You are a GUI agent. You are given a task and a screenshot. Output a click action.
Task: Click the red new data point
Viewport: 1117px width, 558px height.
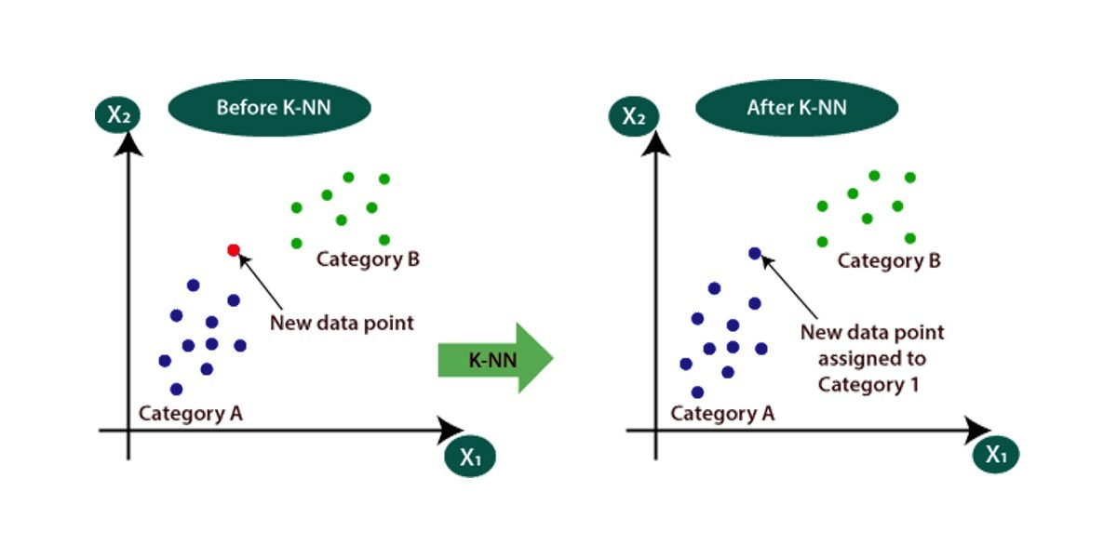[x=234, y=249]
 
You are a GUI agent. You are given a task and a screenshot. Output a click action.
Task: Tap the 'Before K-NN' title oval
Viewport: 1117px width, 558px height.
[x=269, y=108]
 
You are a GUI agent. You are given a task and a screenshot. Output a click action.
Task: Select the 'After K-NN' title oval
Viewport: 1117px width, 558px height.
[x=797, y=108]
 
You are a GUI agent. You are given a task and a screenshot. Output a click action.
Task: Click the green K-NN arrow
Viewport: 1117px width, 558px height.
[x=495, y=359]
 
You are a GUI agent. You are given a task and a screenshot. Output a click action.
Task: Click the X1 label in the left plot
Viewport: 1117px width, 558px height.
[x=470, y=456]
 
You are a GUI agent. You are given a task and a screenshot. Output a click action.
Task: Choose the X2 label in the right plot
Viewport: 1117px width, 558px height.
[x=634, y=117]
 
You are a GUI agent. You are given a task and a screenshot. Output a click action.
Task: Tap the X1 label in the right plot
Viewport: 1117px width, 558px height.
[x=997, y=454]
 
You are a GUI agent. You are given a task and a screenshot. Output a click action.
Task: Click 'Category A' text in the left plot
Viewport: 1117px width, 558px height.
[x=191, y=413]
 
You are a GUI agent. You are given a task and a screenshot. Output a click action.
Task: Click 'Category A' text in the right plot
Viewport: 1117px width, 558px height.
[x=722, y=413]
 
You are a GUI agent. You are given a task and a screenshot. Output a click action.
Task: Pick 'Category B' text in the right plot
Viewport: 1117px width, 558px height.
[x=889, y=260]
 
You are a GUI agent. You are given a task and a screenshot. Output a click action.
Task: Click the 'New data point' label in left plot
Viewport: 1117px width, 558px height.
[x=342, y=323]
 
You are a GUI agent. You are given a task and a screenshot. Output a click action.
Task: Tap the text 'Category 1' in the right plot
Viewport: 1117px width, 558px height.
[x=868, y=383]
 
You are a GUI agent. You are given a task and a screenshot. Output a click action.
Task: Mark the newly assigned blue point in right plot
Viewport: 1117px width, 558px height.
[x=755, y=253]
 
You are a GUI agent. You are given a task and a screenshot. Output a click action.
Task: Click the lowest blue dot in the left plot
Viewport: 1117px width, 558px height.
[x=177, y=390]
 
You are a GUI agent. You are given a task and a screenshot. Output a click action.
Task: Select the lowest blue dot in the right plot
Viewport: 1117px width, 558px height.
[x=698, y=392]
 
